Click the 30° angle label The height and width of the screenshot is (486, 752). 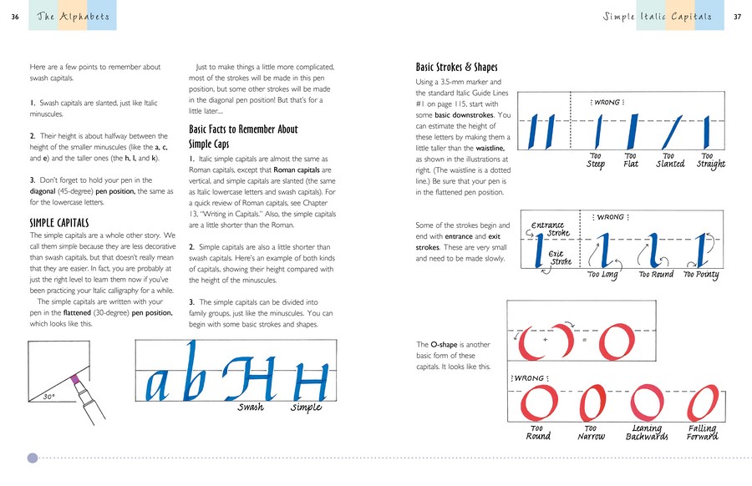[49, 397]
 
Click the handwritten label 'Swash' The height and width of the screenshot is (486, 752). [250, 408]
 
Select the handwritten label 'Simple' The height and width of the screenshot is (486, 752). [306, 408]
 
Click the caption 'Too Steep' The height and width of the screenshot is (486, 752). [597, 159]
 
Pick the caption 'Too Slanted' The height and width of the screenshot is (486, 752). [669, 159]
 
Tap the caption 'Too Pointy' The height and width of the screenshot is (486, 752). [701, 275]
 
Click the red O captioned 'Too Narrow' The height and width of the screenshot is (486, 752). [591, 404]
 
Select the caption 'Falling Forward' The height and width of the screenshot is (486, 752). [701, 433]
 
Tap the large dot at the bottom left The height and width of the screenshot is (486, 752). [33, 458]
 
